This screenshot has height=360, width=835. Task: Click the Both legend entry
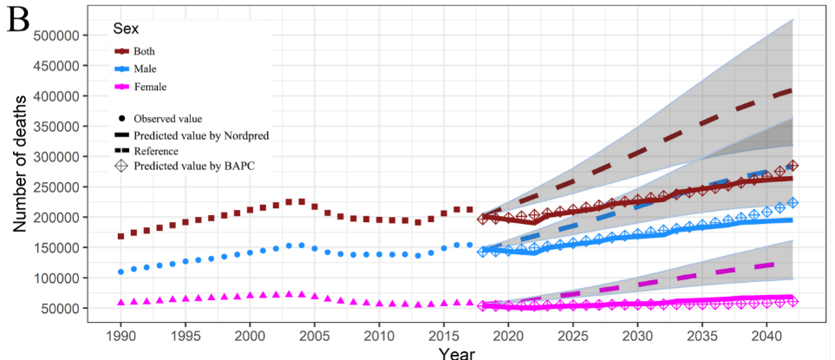[143, 51]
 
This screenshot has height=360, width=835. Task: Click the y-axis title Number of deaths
[19, 173]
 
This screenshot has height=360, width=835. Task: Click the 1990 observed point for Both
[121, 236]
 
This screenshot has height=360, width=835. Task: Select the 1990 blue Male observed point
[121, 272]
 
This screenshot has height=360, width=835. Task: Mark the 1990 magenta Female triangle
[121, 302]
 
